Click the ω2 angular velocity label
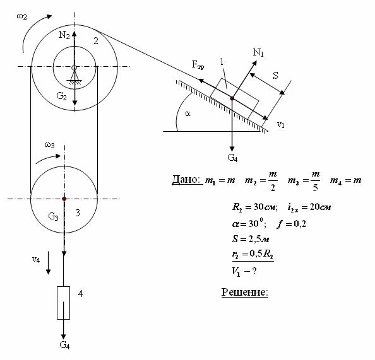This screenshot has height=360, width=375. click(x=21, y=17)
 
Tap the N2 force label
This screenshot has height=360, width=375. click(x=64, y=35)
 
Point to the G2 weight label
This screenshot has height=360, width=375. click(x=61, y=96)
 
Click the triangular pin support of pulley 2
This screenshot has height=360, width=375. click(x=74, y=76)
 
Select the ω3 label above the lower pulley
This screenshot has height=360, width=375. click(x=49, y=145)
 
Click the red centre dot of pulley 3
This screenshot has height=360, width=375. click(x=64, y=199)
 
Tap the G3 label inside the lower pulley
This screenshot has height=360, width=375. click(x=53, y=216)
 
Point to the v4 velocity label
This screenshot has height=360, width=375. click(x=36, y=259)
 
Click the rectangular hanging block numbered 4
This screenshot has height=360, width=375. click(x=63, y=303)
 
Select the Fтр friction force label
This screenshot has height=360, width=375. click(x=198, y=65)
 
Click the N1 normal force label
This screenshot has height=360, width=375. click(x=258, y=52)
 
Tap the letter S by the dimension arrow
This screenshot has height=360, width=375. click(x=275, y=76)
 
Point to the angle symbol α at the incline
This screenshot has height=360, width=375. click(x=187, y=114)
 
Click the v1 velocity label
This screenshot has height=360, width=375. click(x=281, y=124)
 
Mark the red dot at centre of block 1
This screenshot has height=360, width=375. click(x=232, y=98)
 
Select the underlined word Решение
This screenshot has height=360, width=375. click(x=245, y=292)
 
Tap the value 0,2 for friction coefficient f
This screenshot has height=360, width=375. click(x=300, y=224)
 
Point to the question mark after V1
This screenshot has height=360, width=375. click(x=254, y=271)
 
